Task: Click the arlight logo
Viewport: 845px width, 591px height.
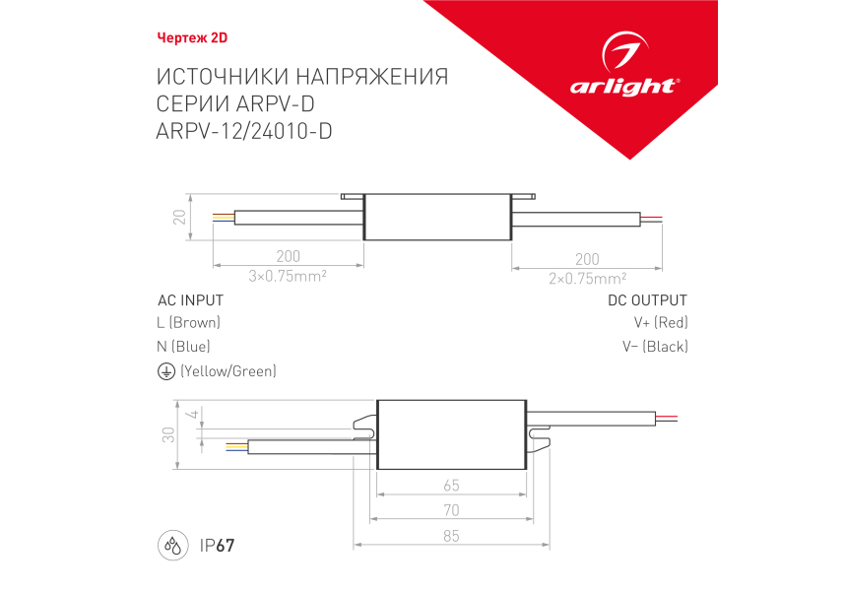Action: pos(624,65)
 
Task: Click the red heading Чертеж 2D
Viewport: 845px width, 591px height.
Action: pos(192,37)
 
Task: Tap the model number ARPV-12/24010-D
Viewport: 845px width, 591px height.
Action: pos(244,131)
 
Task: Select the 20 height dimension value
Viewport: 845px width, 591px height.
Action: pos(179,217)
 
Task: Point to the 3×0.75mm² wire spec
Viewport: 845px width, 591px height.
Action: pos(288,276)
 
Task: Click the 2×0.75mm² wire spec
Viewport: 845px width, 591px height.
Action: pos(587,279)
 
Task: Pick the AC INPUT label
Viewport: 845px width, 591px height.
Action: pos(190,300)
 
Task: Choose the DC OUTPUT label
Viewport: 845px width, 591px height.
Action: pos(647,300)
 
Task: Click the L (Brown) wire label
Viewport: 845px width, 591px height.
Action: pos(189,323)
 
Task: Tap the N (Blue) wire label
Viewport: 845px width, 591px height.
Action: pos(183,347)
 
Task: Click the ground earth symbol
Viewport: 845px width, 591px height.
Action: pos(166,371)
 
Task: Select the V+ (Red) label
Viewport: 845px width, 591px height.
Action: pos(661,323)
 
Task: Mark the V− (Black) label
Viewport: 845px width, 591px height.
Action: pos(655,347)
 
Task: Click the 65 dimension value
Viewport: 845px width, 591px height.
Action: pos(452,486)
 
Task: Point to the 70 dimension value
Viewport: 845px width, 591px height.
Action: pos(452,510)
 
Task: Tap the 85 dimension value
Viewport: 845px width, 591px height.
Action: pos(452,536)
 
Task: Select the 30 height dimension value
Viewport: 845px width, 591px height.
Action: pos(168,434)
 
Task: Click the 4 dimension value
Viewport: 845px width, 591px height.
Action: pos(192,415)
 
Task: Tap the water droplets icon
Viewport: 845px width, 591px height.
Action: pos(173,546)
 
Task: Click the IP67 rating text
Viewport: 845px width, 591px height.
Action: pos(218,546)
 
